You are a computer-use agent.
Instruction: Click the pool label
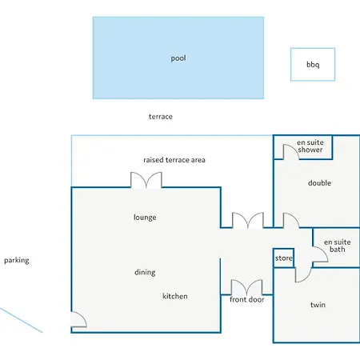pyautogui.click(x=178, y=58)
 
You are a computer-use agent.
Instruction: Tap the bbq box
pyautogui.click(x=313, y=64)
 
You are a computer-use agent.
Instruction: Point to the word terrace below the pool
pyautogui.click(x=161, y=117)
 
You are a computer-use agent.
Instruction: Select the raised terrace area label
pyautogui.click(x=174, y=160)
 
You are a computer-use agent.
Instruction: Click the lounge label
pyautogui.click(x=145, y=218)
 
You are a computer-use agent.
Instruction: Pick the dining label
pyautogui.click(x=145, y=272)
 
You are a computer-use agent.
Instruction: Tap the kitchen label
pyautogui.click(x=175, y=296)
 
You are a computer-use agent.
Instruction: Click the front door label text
pyautogui.click(x=247, y=299)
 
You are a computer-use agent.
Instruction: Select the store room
pyautogui.click(x=283, y=258)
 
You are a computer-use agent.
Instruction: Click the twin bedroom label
pyautogui.click(x=318, y=305)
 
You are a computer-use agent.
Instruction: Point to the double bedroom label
pyautogui.click(x=319, y=183)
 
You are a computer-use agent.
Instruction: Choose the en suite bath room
pyautogui.click(x=336, y=247)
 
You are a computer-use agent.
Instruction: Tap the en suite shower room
pyautogui.click(x=303, y=147)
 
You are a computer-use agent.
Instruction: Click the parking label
pyautogui.click(x=17, y=260)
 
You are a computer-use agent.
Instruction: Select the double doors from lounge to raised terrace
pyautogui.click(x=146, y=180)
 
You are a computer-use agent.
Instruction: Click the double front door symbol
pyautogui.click(x=246, y=287)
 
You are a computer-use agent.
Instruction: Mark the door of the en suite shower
pyautogui.click(x=290, y=152)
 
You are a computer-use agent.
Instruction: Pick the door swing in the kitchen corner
pyautogui.click(x=78, y=319)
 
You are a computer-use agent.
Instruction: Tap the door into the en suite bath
pyautogui.click(x=320, y=254)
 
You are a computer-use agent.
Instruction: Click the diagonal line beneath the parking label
pyautogui.click(x=21, y=320)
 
